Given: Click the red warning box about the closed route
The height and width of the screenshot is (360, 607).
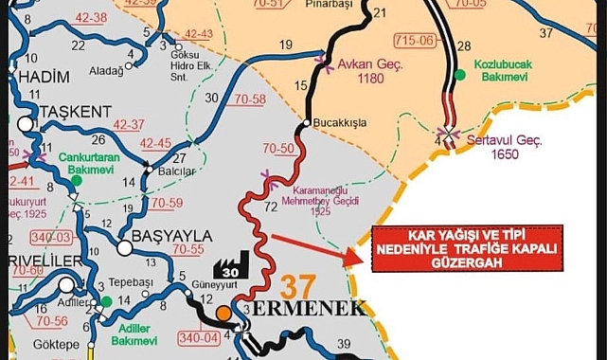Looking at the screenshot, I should [x=466, y=248].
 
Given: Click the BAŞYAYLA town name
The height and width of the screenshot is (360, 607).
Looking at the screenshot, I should [x=159, y=235].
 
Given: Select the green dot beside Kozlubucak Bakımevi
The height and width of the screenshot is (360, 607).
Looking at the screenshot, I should [x=460, y=74].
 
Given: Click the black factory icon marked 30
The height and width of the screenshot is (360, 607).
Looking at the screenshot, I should [x=231, y=265].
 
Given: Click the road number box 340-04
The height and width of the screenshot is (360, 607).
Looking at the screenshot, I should [x=200, y=336].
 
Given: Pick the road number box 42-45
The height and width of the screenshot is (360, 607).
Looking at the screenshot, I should [x=155, y=144].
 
